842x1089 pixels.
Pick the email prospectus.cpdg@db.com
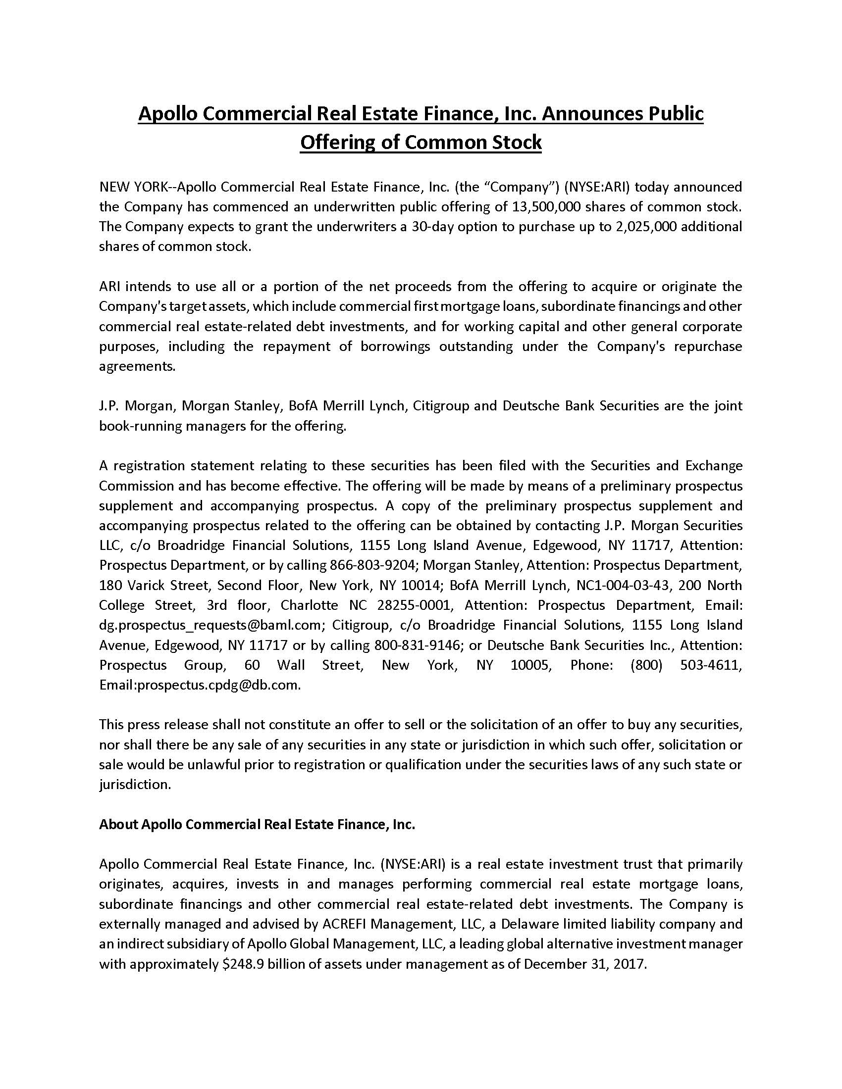[x=219, y=685]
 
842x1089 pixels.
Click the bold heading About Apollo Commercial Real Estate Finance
[x=257, y=825]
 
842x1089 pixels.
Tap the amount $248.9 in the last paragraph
[x=243, y=964]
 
